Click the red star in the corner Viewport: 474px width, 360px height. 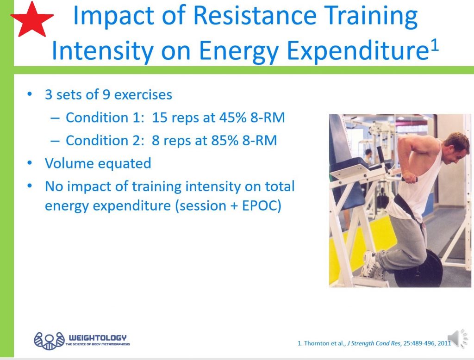tap(32, 19)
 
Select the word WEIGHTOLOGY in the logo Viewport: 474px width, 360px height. tap(97, 337)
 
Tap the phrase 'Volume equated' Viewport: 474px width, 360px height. tap(98, 163)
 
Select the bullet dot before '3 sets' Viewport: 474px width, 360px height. tap(30, 95)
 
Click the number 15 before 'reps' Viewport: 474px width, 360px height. tap(160, 118)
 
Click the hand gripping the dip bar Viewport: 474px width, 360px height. tap(410, 178)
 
